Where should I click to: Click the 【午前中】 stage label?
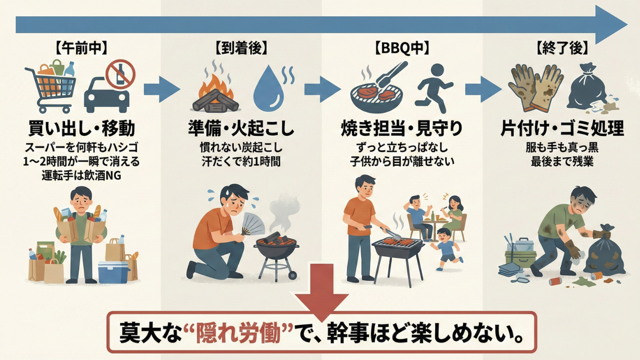(81, 47)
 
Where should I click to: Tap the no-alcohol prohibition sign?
(120, 74)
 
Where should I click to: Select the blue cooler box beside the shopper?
(113, 271)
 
